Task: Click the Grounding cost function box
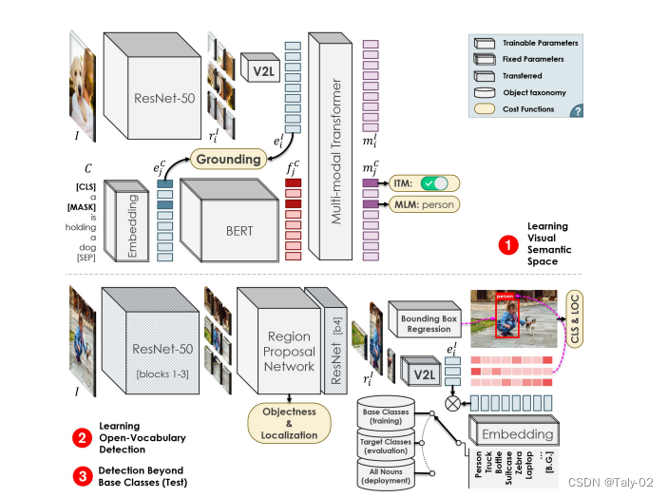[229, 158]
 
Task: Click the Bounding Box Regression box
[427, 323]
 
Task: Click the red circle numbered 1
[510, 245]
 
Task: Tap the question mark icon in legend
[576, 111]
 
